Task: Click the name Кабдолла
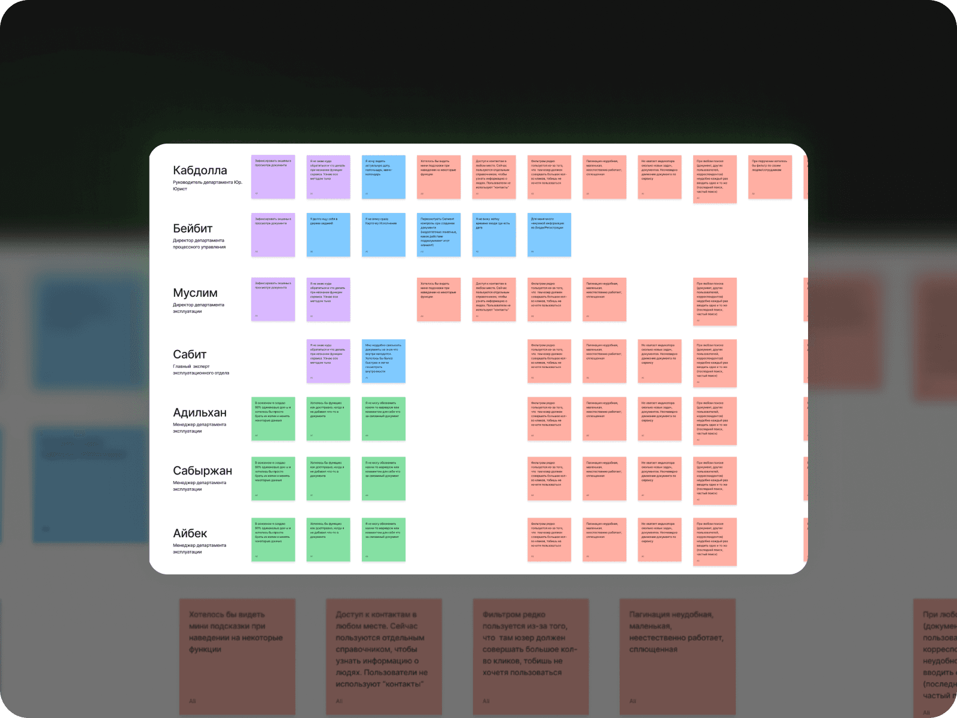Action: point(200,171)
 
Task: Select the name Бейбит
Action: point(193,229)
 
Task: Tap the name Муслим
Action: point(195,293)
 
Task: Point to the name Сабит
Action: point(190,355)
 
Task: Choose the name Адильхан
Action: point(200,413)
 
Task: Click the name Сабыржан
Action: point(202,471)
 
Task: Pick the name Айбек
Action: point(190,534)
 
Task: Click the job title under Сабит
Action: point(201,370)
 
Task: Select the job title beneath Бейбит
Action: point(199,244)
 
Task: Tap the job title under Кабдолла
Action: point(207,185)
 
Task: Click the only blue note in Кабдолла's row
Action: point(383,177)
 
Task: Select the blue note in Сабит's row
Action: point(383,361)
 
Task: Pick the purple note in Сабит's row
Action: point(328,361)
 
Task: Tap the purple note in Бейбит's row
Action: point(273,235)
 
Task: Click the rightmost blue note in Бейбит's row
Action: point(549,235)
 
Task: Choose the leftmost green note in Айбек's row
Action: point(273,540)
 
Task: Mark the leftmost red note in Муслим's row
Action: point(438,300)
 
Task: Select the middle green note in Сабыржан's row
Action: point(328,479)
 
